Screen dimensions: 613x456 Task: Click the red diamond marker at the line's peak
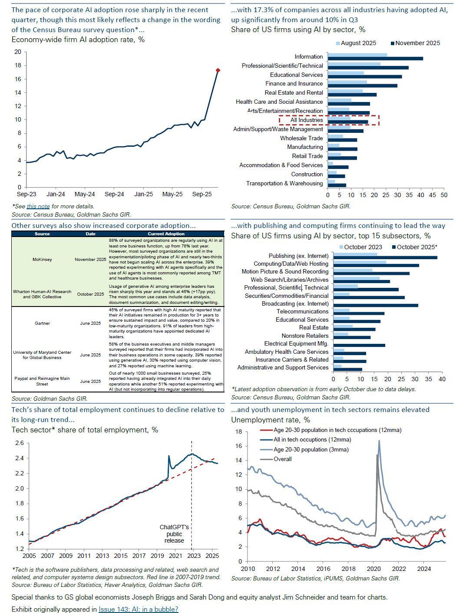tap(218, 70)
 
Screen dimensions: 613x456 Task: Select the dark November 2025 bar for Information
tap(375, 59)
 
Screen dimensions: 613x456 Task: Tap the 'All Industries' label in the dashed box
tap(307, 120)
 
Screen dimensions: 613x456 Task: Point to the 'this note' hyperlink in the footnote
tap(38, 207)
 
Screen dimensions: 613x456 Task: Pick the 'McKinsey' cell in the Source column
tap(42, 259)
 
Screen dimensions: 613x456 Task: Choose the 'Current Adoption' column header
tap(166, 234)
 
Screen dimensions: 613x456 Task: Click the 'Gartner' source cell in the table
tap(42, 323)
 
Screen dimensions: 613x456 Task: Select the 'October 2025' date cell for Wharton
tap(90, 294)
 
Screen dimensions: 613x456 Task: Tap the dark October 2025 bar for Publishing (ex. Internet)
tap(385, 257)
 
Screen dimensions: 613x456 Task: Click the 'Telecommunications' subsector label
tap(302, 312)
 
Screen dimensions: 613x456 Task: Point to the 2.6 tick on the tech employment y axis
tap(20, 443)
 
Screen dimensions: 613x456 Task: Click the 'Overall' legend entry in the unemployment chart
tap(282, 459)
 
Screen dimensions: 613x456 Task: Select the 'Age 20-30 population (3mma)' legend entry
tap(311, 449)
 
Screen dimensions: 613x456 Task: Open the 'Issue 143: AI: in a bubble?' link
tap(138, 609)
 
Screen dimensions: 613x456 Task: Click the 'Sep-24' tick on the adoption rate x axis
tap(114, 194)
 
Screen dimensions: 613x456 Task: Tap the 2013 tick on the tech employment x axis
tap(102, 556)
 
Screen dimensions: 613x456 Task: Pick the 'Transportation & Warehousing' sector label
tap(284, 183)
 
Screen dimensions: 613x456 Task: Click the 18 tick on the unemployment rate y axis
tap(238, 432)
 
